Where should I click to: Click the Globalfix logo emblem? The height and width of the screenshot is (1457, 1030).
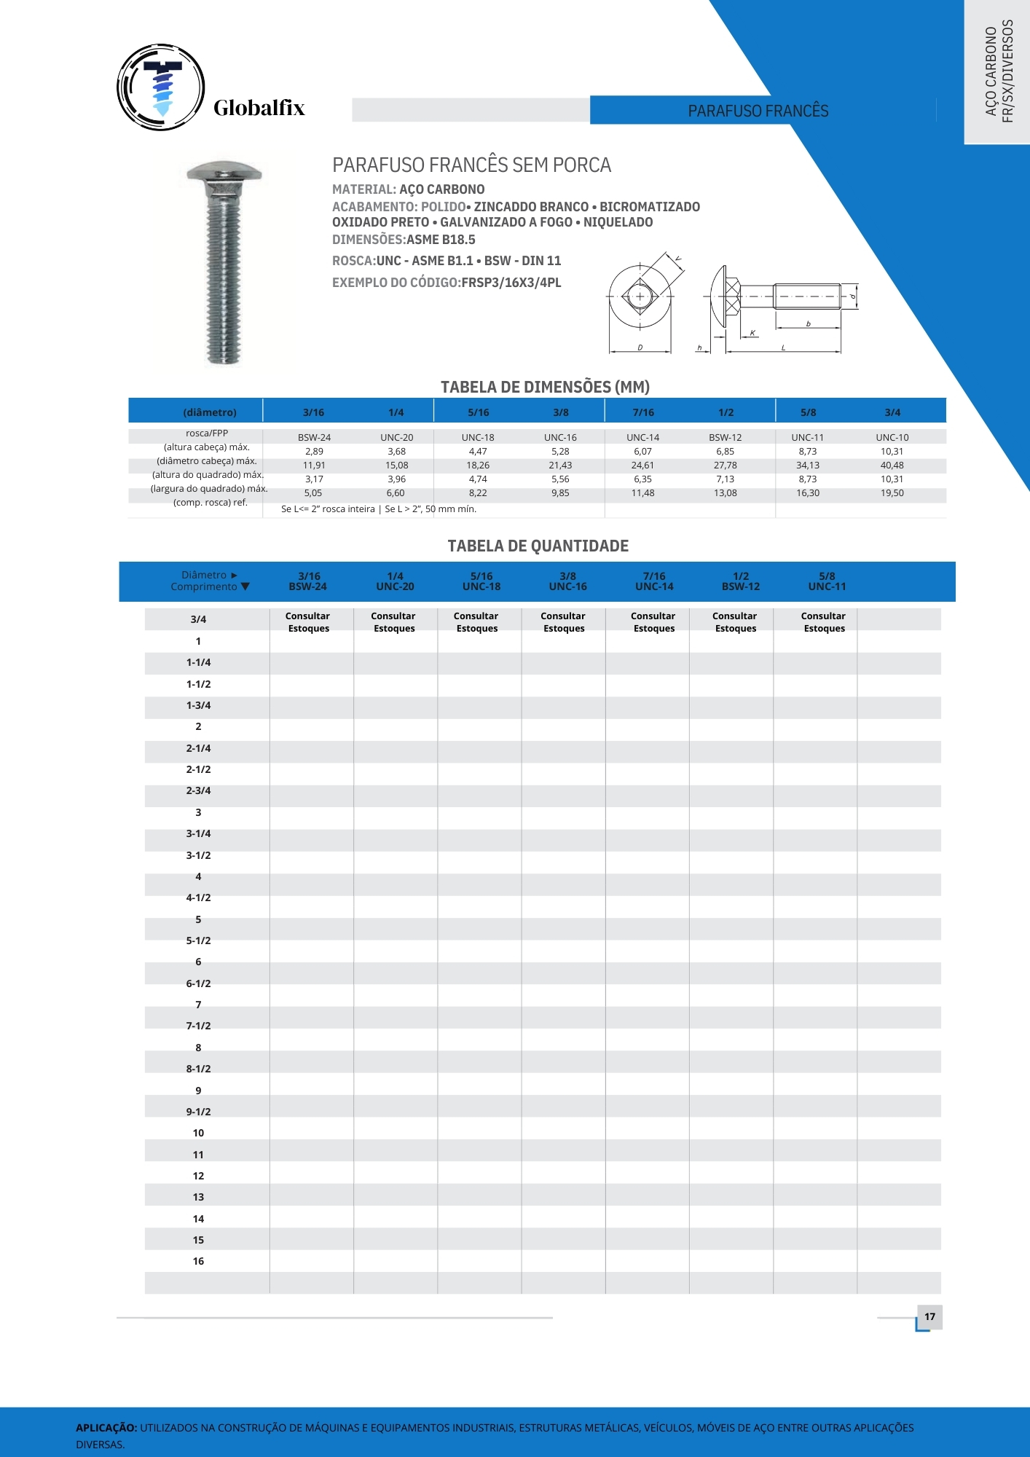161,87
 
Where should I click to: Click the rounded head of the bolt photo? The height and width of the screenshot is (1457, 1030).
224,173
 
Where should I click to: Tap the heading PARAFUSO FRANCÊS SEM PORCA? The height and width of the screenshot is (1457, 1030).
471,165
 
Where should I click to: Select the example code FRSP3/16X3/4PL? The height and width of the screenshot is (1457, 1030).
511,283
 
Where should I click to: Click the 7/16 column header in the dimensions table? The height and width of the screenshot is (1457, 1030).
643,412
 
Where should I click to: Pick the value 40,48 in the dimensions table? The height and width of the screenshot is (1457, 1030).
892,466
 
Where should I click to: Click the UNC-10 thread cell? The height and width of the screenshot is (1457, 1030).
892,438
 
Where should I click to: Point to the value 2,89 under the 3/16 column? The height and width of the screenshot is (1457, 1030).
314,452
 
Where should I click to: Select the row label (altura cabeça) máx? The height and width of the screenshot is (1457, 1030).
207,447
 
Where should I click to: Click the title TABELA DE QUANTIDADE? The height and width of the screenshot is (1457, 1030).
538,546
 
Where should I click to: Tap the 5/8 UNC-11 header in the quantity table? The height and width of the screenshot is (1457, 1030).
827,581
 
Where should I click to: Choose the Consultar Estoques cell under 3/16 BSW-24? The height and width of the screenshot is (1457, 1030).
308,622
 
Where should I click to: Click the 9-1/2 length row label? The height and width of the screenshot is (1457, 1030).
198,1112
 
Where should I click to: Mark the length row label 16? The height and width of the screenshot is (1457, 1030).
198,1261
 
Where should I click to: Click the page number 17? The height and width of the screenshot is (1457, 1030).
929,1316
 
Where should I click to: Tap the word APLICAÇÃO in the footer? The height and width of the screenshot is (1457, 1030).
106,1428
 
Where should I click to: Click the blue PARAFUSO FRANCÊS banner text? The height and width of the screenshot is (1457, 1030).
758,111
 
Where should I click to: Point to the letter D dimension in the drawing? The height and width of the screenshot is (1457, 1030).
640,347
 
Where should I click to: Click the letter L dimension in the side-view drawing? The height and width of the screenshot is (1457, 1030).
783,348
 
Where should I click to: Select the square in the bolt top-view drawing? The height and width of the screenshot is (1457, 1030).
640,296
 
